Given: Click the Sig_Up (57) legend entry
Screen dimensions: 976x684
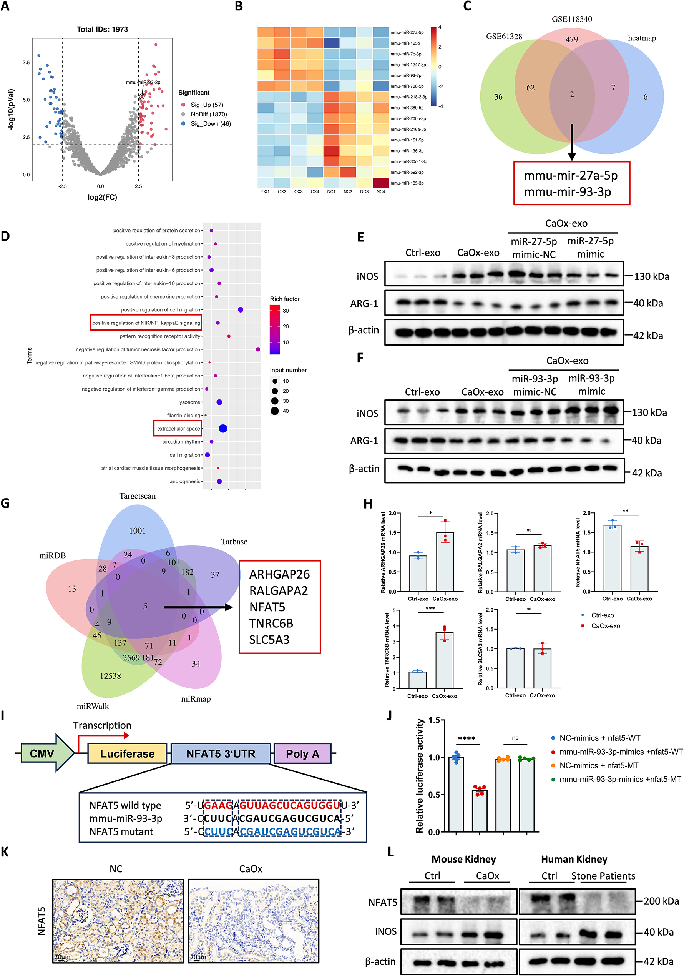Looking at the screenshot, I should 206,105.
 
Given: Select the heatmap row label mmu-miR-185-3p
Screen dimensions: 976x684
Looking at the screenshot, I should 407,183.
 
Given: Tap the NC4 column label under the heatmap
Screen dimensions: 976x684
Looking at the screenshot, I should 381,192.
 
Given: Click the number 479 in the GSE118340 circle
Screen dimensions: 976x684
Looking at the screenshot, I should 571,40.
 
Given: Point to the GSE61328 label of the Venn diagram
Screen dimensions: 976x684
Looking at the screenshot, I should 504,37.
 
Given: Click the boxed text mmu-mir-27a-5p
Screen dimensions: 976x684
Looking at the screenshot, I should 571,176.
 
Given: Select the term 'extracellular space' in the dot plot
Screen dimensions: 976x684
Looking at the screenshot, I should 178,429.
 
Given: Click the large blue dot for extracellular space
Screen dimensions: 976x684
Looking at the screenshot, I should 222,429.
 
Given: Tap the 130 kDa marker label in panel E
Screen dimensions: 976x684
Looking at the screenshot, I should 651,277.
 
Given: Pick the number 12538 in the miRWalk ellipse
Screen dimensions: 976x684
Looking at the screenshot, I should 110,676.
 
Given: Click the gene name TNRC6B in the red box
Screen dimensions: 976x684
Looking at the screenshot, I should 271,624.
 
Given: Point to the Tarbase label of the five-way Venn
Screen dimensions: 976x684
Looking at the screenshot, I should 234,542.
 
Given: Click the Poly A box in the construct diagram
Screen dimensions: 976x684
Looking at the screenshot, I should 302,754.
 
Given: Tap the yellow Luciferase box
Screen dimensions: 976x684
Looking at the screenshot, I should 127,754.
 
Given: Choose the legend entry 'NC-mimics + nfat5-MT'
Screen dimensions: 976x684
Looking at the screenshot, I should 598,766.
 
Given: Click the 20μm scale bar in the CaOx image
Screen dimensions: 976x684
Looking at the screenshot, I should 198,957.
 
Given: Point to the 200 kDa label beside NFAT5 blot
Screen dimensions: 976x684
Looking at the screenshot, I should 661,901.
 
